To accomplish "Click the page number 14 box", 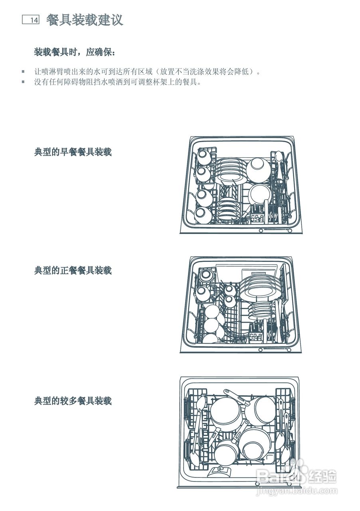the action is point(30,20).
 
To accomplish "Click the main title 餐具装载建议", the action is point(85,20).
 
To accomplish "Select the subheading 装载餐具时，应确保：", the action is point(74,52).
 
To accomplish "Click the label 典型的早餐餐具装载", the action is point(73,152).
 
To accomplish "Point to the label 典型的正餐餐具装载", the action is point(73,271).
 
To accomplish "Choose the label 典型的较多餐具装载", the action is point(73,401).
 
